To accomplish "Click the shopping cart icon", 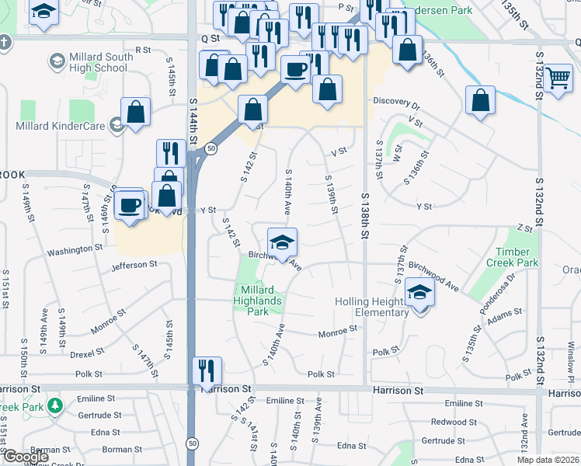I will click(x=558, y=78).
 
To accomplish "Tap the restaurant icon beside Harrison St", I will click(x=207, y=370).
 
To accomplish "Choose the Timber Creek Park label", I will click(x=513, y=258).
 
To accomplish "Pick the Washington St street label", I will click(x=75, y=250).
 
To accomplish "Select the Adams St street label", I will click(x=505, y=317).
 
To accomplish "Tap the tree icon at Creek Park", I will click(x=54, y=406).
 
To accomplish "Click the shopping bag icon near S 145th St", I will click(x=136, y=111).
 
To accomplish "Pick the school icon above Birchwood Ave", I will click(x=283, y=242).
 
